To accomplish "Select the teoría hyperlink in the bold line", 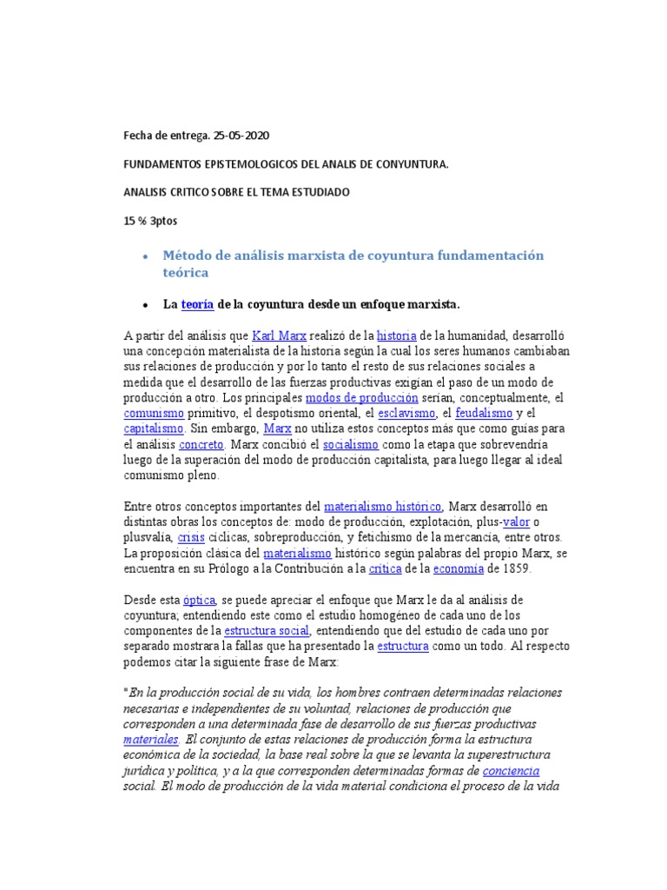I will [197, 305].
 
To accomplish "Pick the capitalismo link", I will [154, 428].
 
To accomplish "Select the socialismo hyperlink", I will [350, 444].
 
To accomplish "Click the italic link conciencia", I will [511, 771].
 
